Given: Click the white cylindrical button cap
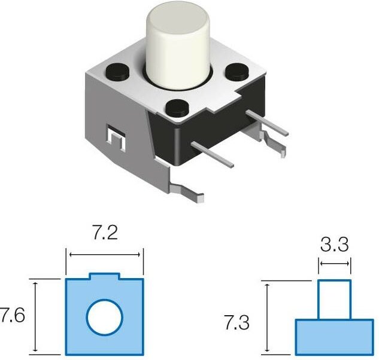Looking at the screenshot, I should pyautogui.click(x=178, y=45).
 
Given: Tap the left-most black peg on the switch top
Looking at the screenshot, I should pyautogui.click(x=117, y=71).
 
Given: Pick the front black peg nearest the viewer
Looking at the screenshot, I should pyautogui.click(x=177, y=108).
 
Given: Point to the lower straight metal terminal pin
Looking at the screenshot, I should pyautogui.click(x=213, y=153).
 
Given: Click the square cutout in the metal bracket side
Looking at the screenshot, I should pyautogui.click(x=115, y=139).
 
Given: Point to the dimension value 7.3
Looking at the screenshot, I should pyautogui.click(x=237, y=324).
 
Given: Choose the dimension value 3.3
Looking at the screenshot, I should pyautogui.click(x=334, y=244).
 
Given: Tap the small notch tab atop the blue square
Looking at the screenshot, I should pyautogui.click(x=105, y=276).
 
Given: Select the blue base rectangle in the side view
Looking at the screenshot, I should pyautogui.click(x=333, y=337).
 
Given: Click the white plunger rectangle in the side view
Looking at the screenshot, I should pyautogui.click(x=333, y=299).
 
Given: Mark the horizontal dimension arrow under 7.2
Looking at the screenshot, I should pyautogui.click(x=105, y=255).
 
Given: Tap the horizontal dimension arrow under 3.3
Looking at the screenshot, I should pyautogui.click(x=334, y=263).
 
